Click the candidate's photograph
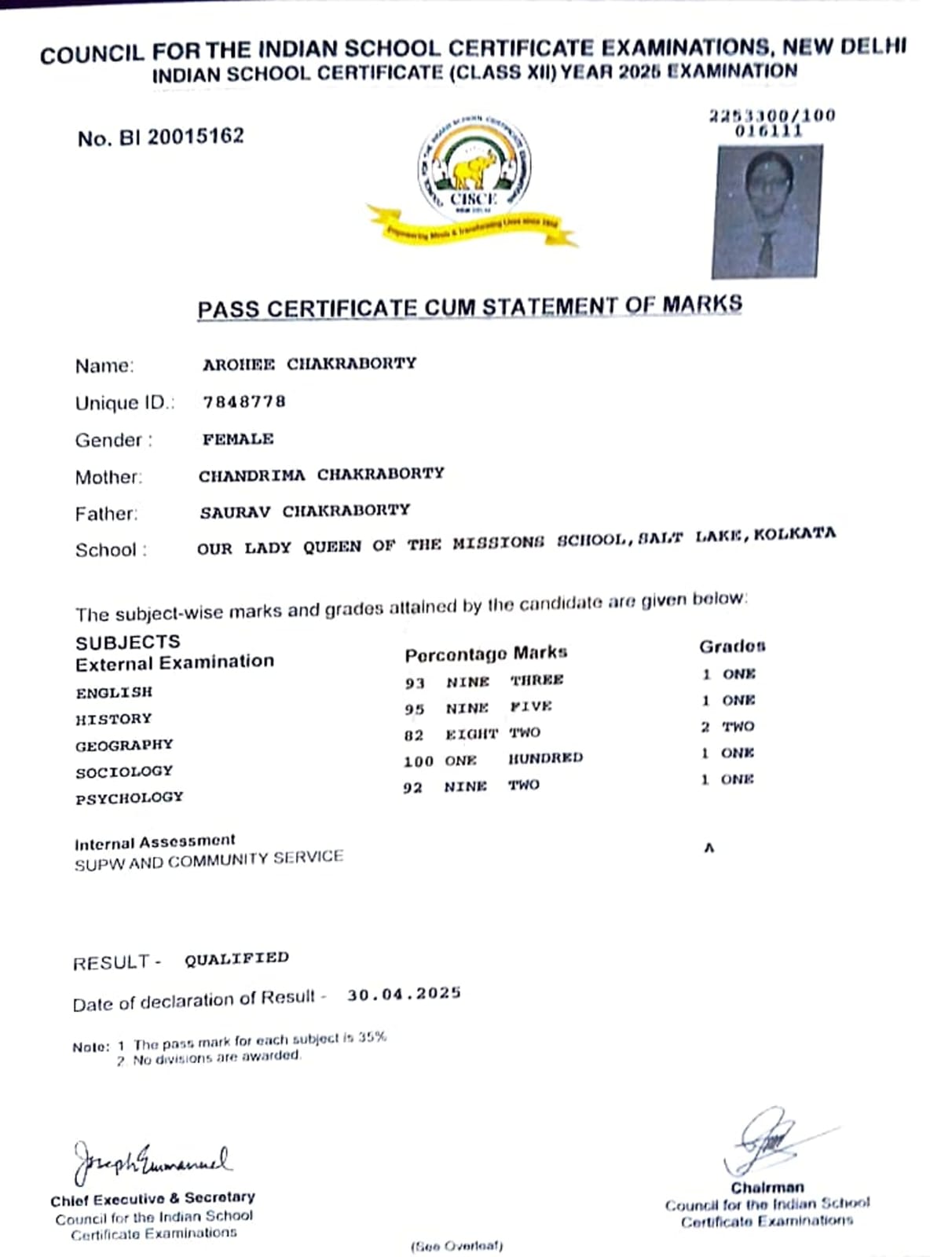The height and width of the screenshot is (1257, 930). (x=767, y=211)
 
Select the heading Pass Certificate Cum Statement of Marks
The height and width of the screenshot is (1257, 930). (x=469, y=306)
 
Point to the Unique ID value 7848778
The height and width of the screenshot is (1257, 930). (x=244, y=401)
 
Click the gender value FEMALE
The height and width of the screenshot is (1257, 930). (x=238, y=438)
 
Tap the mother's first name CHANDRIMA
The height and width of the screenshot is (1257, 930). (x=252, y=475)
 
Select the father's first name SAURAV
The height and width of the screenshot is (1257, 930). (x=235, y=512)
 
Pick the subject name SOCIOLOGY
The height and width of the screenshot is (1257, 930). (x=124, y=771)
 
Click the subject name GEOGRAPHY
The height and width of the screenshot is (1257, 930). (x=124, y=745)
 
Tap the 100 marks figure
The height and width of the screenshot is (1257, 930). (x=418, y=760)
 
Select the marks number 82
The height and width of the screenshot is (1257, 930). (x=414, y=735)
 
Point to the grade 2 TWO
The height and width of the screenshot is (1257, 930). (x=727, y=726)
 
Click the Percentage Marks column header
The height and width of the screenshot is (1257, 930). (x=485, y=654)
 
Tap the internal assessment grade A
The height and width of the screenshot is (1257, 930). (x=708, y=848)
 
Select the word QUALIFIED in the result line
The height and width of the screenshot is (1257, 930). (x=236, y=958)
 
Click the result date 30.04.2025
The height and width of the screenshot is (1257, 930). (x=404, y=994)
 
